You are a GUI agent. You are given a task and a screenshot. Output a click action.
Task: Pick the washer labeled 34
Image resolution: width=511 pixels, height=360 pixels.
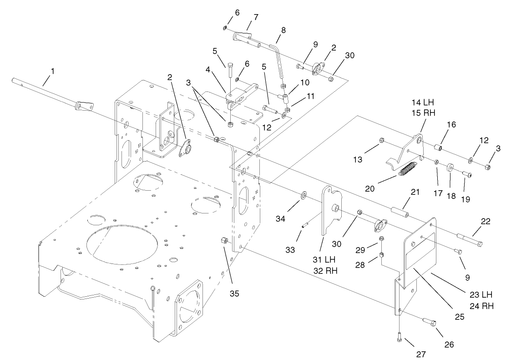[304, 196]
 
